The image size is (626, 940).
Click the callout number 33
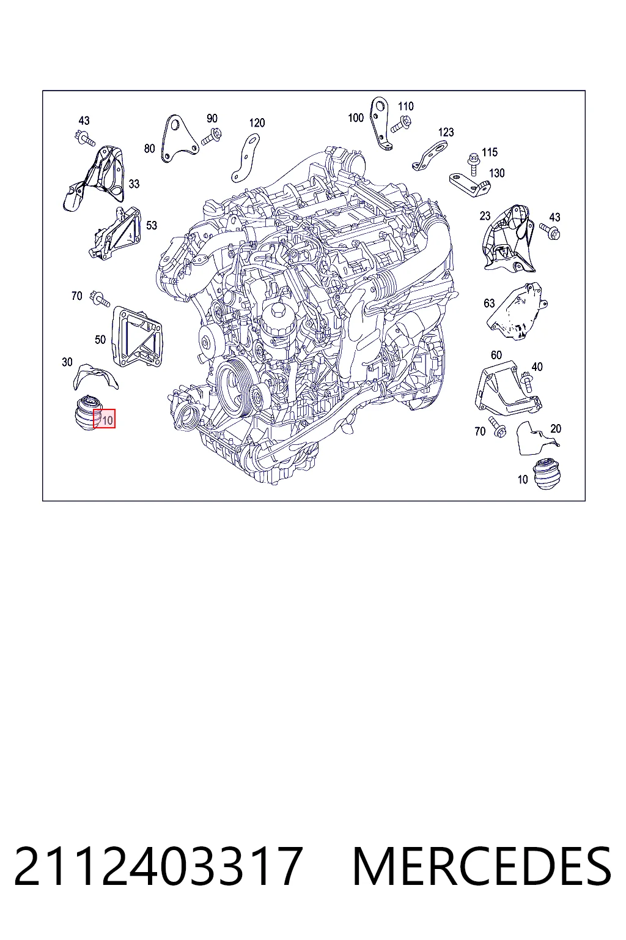[x=134, y=184]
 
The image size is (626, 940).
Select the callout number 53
[x=152, y=225]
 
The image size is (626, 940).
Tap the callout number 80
[x=150, y=149]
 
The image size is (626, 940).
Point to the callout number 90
[x=212, y=118]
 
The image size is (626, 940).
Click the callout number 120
[x=257, y=123]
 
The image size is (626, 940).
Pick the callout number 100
[x=356, y=118]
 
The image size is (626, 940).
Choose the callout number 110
[x=405, y=106]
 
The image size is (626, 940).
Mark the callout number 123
[x=446, y=133]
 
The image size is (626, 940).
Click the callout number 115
[x=490, y=152]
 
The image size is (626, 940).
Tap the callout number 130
[x=497, y=173]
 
